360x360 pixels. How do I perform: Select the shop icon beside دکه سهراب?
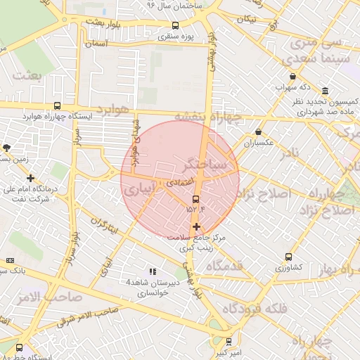pos(292,77)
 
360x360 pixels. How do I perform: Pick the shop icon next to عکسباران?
pos(259,131)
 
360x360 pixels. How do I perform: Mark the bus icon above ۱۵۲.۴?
pos(195,199)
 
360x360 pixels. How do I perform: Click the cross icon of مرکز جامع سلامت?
pos(196,226)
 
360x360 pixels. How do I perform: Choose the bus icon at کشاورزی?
pos(288,257)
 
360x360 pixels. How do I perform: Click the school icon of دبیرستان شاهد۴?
pos(151,271)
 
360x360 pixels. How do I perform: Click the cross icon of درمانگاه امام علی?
pos(30,179)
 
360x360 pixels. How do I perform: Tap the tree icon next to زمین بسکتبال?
pos(7,148)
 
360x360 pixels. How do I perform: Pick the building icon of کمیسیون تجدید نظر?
pos(324,91)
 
